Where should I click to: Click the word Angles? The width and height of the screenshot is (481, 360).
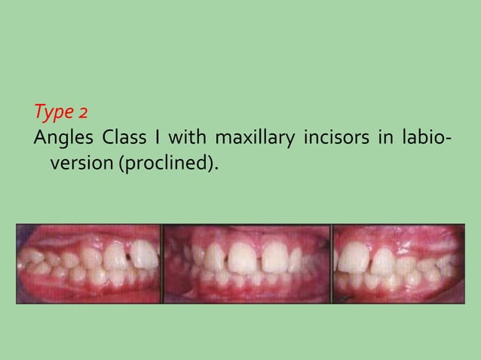tap(63, 140)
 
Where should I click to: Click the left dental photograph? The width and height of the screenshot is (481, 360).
tap(89, 264)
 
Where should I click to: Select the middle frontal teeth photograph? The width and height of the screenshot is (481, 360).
tap(246, 264)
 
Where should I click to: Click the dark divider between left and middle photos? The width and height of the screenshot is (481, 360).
tap(163, 264)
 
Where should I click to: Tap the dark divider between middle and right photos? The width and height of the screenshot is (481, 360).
tap(331, 264)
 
